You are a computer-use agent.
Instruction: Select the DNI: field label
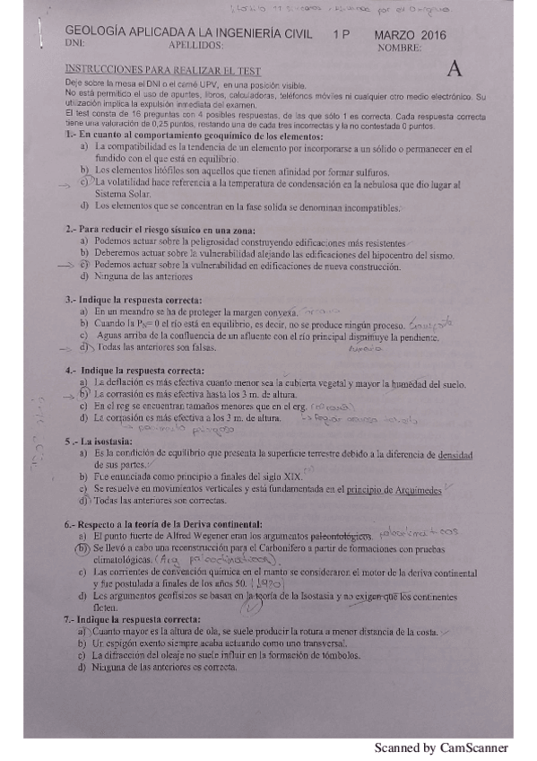tap(76, 43)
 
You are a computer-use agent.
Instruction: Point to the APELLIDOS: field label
tap(195, 43)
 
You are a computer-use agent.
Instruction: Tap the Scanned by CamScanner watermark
tap(440, 747)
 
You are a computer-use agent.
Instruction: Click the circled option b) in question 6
tap(81, 547)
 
